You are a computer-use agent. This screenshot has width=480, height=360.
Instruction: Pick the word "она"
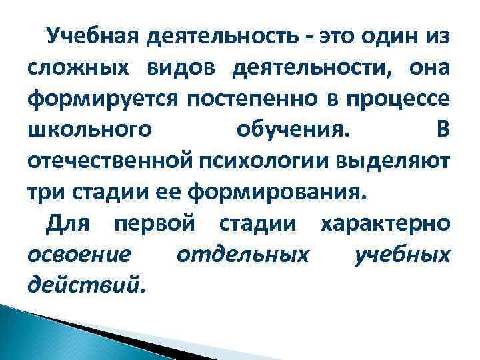click(431, 69)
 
